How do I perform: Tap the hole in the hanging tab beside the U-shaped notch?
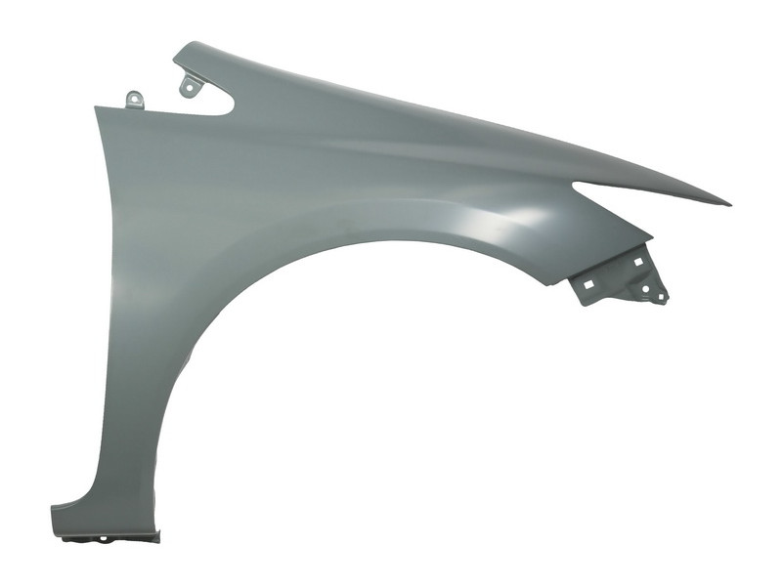click(x=187, y=87)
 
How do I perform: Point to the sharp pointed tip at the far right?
click(x=728, y=204)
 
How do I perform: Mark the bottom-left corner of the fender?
click(x=54, y=509)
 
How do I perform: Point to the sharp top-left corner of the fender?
click(x=96, y=108)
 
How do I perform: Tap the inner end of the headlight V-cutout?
click(x=575, y=183)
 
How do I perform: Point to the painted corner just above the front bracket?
click(x=649, y=238)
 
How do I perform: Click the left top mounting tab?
click(x=135, y=100)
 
